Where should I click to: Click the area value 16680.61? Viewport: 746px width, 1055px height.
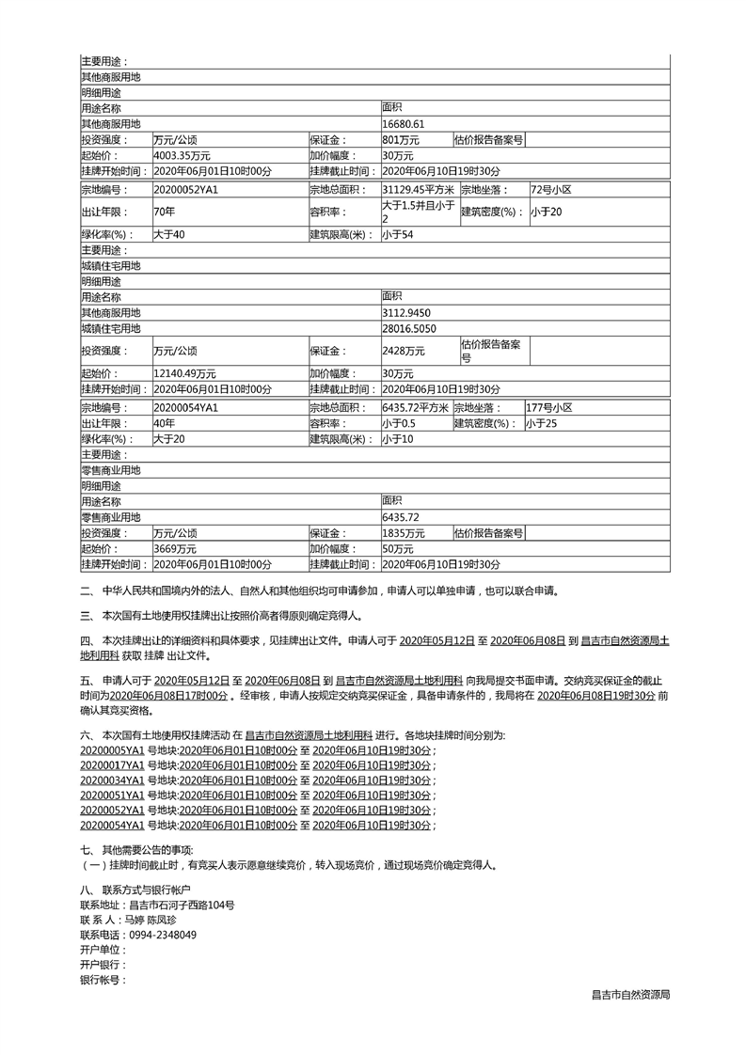tap(404, 123)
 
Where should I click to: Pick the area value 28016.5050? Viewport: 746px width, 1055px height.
tap(410, 328)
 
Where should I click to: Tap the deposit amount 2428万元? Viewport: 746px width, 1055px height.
tap(405, 350)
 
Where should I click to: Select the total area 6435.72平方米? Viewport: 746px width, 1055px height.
tap(415, 408)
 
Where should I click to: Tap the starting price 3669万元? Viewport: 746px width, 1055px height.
tap(175, 548)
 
